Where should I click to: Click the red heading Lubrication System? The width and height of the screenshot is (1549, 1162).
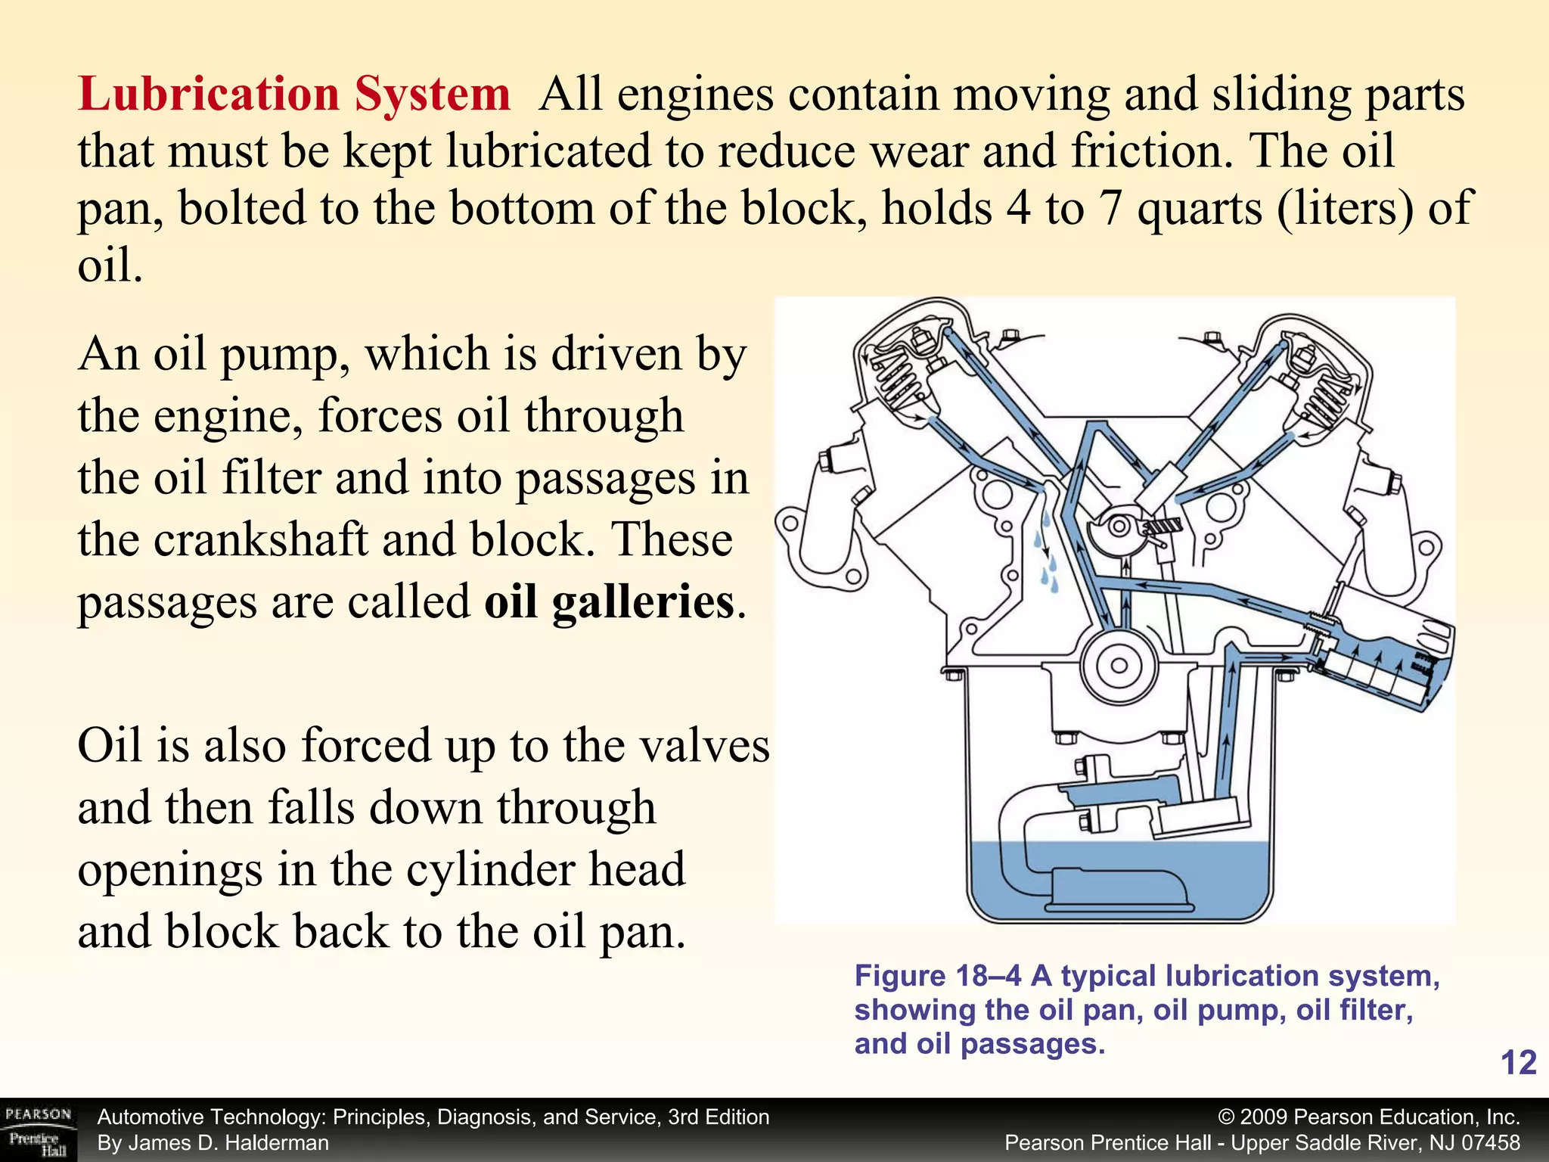[293, 95]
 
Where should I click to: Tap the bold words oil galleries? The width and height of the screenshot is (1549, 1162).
[610, 603]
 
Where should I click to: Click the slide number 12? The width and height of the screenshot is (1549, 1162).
[1517, 1063]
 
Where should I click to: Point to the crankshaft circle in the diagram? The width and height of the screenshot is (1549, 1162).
[1119, 666]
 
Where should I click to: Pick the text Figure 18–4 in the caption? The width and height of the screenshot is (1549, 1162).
[937, 977]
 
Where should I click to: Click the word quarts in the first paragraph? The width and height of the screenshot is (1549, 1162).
[1199, 208]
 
